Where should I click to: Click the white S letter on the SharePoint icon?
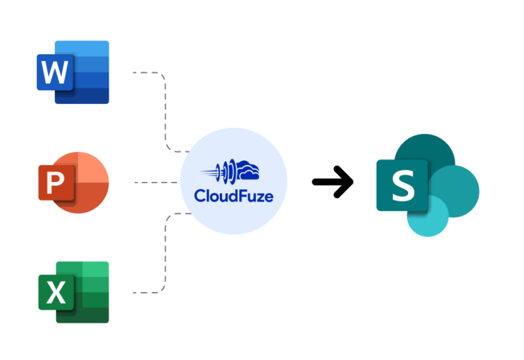pos(402,185)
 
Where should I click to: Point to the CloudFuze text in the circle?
pos(234,196)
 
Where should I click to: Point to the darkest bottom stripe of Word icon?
pos(88,96)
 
